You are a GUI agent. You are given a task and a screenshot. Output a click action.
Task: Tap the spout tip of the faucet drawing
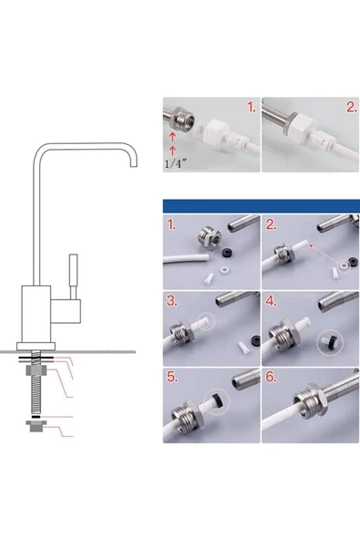[134, 166]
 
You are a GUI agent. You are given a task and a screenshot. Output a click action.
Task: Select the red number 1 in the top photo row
[252, 108]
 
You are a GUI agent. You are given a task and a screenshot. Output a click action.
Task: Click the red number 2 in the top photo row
[352, 108]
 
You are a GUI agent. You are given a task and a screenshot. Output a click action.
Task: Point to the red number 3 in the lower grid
[172, 301]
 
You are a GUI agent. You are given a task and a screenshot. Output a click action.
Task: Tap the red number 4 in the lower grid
[272, 301]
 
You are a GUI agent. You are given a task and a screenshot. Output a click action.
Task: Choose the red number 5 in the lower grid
[172, 377]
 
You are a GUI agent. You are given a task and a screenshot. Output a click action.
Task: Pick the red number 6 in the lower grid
[272, 377]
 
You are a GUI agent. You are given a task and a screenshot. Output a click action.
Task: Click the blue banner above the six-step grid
[262, 206]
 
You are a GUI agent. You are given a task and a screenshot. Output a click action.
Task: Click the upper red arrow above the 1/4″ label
[173, 137]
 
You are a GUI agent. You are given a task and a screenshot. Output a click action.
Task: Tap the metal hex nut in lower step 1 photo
[209, 238]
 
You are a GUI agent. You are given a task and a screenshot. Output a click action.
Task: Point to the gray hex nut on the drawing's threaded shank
[36, 371]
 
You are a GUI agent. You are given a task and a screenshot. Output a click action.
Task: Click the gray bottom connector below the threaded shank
[36, 426]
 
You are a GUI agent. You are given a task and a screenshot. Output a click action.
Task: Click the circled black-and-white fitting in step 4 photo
[330, 342]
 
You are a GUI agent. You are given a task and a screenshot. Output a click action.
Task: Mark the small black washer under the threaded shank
[36, 417]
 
